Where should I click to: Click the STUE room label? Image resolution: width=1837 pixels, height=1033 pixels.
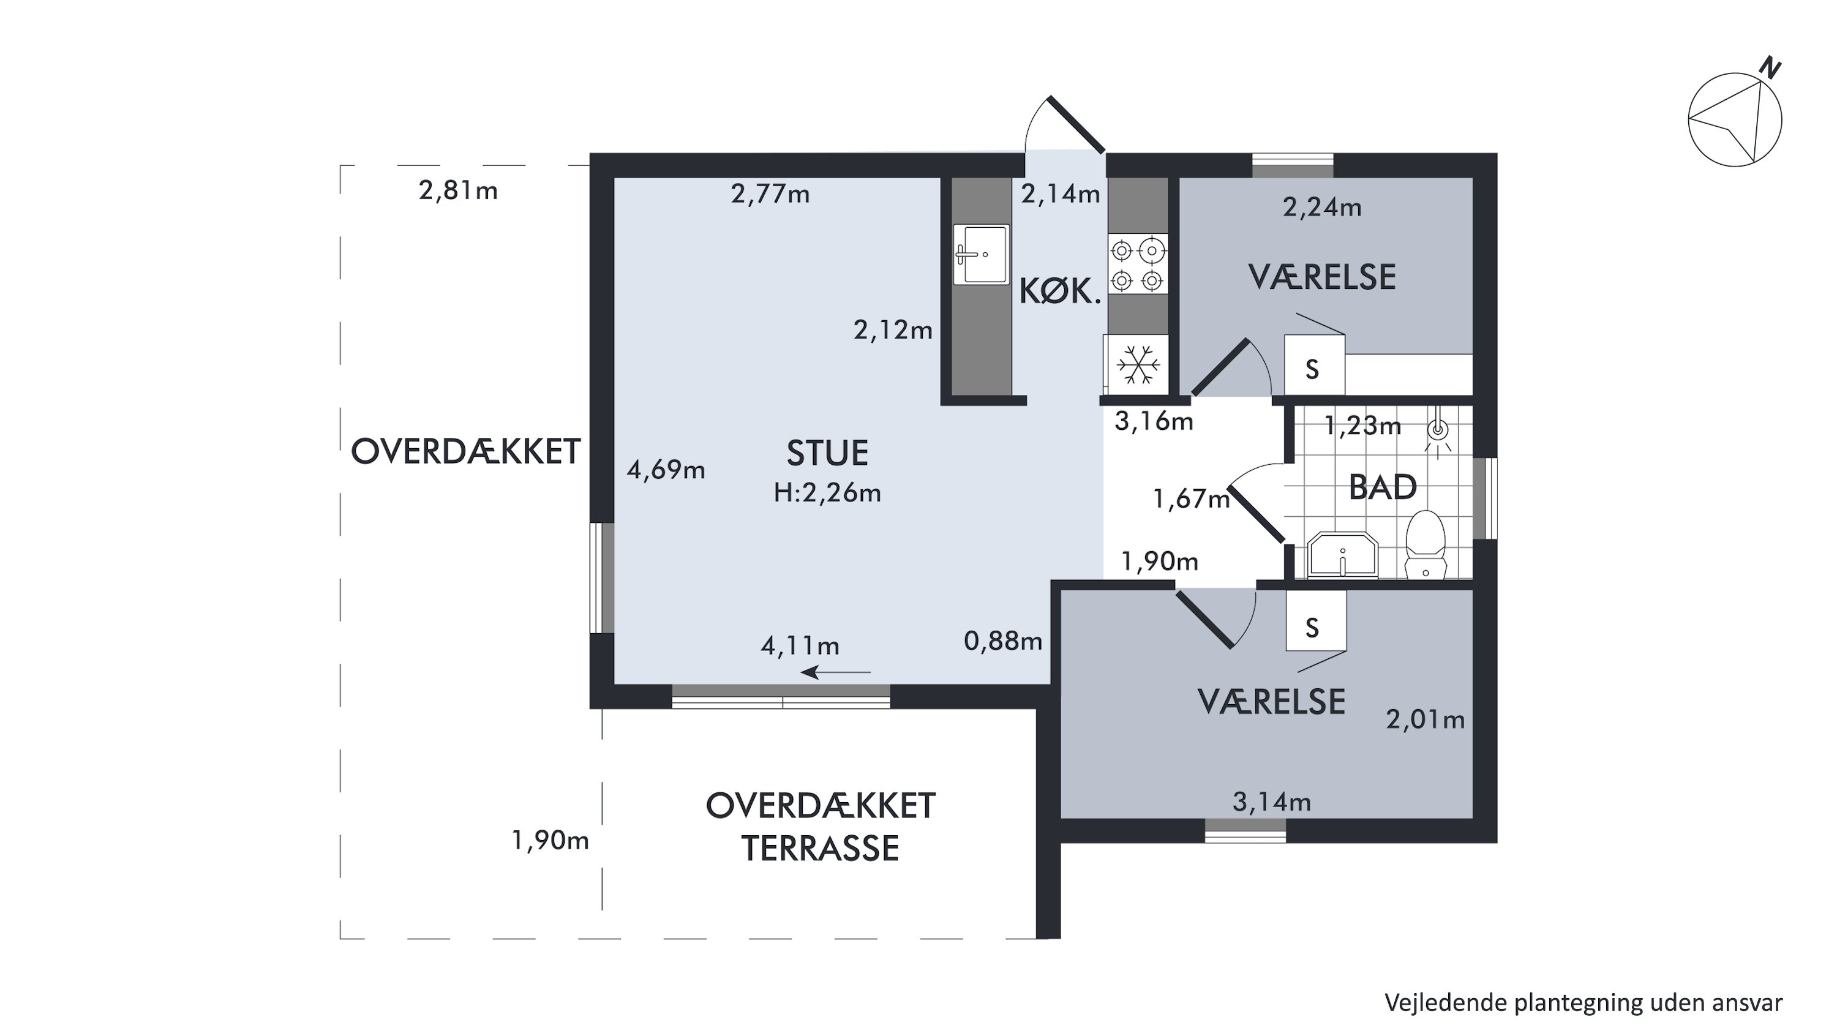(x=827, y=453)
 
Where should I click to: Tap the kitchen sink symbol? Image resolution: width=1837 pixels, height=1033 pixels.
(x=981, y=254)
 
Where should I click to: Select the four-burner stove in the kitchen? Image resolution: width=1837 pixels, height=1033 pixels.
(x=1138, y=265)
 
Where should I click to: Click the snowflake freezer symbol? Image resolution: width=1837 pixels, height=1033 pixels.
(x=1138, y=364)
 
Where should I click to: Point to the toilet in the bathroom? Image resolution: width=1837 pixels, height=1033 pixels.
(x=1426, y=544)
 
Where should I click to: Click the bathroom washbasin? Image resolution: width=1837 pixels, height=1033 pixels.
(x=1342, y=554)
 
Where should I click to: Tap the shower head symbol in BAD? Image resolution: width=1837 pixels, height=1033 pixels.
(x=1438, y=431)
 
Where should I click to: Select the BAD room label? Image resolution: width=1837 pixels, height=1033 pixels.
(x=1382, y=487)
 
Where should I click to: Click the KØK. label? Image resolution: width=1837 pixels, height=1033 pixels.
(x=1060, y=291)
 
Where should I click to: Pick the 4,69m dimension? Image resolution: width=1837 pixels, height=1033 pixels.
(x=666, y=470)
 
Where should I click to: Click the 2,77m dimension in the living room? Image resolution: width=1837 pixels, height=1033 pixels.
(x=770, y=194)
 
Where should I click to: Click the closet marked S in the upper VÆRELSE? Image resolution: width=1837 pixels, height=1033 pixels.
(x=1314, y=364)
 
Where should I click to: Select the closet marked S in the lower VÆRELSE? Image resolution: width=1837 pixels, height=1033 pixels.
(x=1316, y=620)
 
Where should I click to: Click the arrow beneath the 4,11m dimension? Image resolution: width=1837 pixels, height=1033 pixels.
(x=836, y=672)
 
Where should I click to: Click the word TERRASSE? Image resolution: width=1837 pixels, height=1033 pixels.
(x=820, y=848)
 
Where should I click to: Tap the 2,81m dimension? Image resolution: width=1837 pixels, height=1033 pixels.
(x=458, y=191)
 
